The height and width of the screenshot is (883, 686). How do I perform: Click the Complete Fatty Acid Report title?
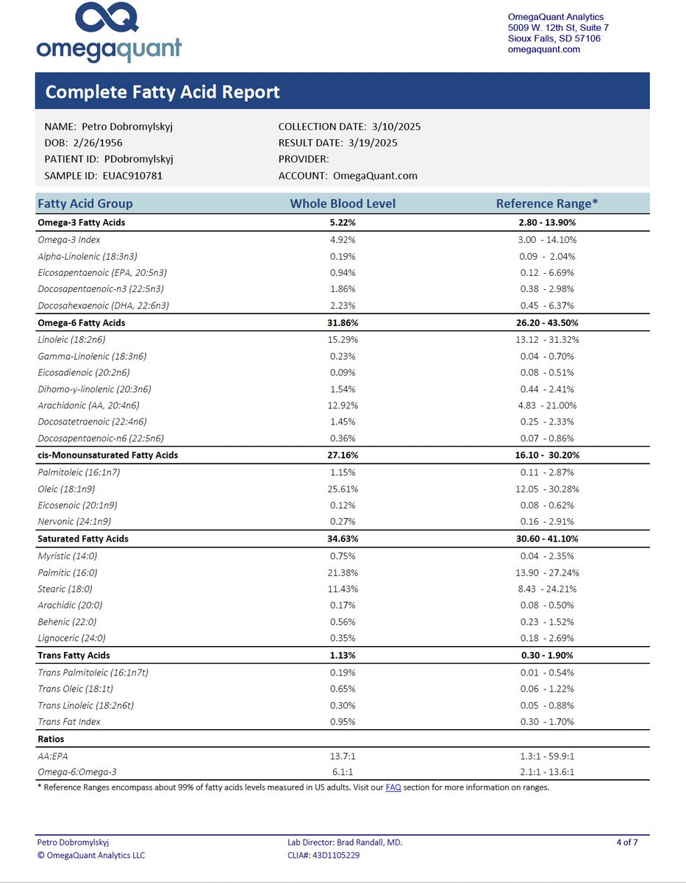tap(162, 92)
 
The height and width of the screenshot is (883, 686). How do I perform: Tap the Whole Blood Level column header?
tap(343, 203)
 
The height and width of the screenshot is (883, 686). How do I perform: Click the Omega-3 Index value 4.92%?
tap(343, 239)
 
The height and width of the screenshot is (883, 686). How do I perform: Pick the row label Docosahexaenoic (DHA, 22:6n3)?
tap(108, 305)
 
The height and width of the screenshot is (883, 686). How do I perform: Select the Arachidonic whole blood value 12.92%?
tap(343, 405)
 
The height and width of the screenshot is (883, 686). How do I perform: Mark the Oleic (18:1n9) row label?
tap(66, 489)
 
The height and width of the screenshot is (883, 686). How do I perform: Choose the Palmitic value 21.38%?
tap(343, 572)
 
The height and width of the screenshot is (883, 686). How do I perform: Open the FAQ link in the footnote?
tap(393, 787)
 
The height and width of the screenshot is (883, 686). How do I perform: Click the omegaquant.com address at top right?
tap(544, 49)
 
